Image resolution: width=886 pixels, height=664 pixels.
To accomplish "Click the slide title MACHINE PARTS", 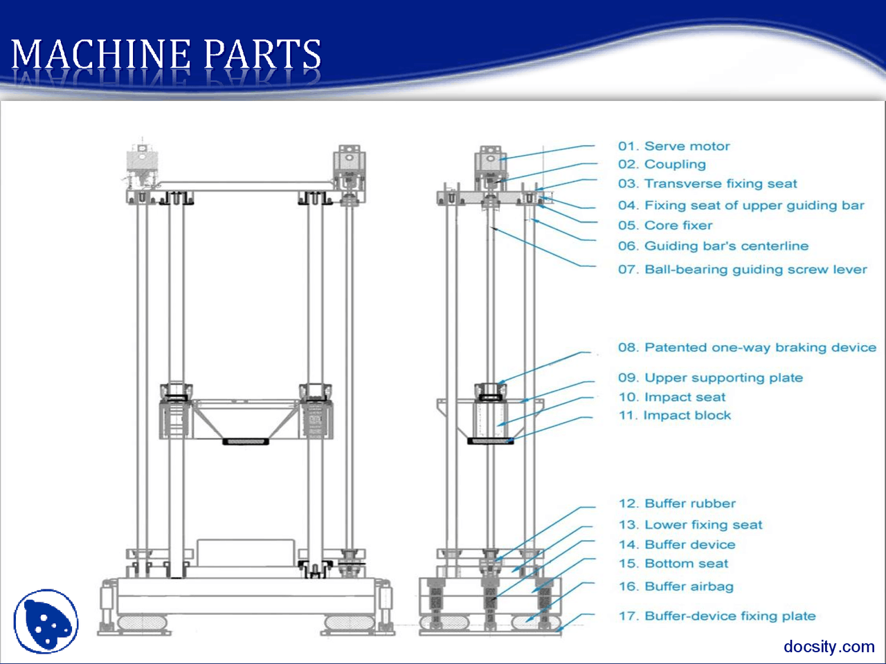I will (166, 55).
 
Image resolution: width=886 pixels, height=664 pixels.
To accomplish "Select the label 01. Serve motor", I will (673, 146).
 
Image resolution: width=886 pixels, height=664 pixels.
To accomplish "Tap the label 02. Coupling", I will (662, 165).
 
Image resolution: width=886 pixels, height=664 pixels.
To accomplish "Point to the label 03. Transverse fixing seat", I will (707, 184).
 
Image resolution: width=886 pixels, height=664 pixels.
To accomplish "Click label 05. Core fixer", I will (664, 225).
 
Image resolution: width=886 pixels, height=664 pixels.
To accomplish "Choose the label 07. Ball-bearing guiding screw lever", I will (742, 270).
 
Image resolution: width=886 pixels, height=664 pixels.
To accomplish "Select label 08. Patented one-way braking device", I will (747, 348).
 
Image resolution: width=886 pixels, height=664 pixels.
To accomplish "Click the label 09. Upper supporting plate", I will (710, 378).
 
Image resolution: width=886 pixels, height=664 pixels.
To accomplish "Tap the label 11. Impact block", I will (674, 416).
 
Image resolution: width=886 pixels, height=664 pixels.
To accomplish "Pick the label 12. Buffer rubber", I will (676, 504).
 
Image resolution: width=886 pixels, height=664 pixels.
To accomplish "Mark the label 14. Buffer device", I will (676, 545).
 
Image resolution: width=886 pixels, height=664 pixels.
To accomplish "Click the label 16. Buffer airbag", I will (676, 587).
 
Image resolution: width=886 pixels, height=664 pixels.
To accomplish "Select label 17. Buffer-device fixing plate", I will (716, 616).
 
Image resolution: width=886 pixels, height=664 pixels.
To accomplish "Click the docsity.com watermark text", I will (829, 647).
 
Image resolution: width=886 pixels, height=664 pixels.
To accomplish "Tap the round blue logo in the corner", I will (46, 621).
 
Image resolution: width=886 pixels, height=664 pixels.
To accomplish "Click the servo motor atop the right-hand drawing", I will (490, 164).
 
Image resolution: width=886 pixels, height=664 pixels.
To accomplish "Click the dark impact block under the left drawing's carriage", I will (246, 441).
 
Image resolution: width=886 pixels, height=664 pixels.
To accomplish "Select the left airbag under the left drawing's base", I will (143, 622).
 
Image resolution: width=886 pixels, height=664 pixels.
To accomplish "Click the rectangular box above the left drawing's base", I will (246, 553).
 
